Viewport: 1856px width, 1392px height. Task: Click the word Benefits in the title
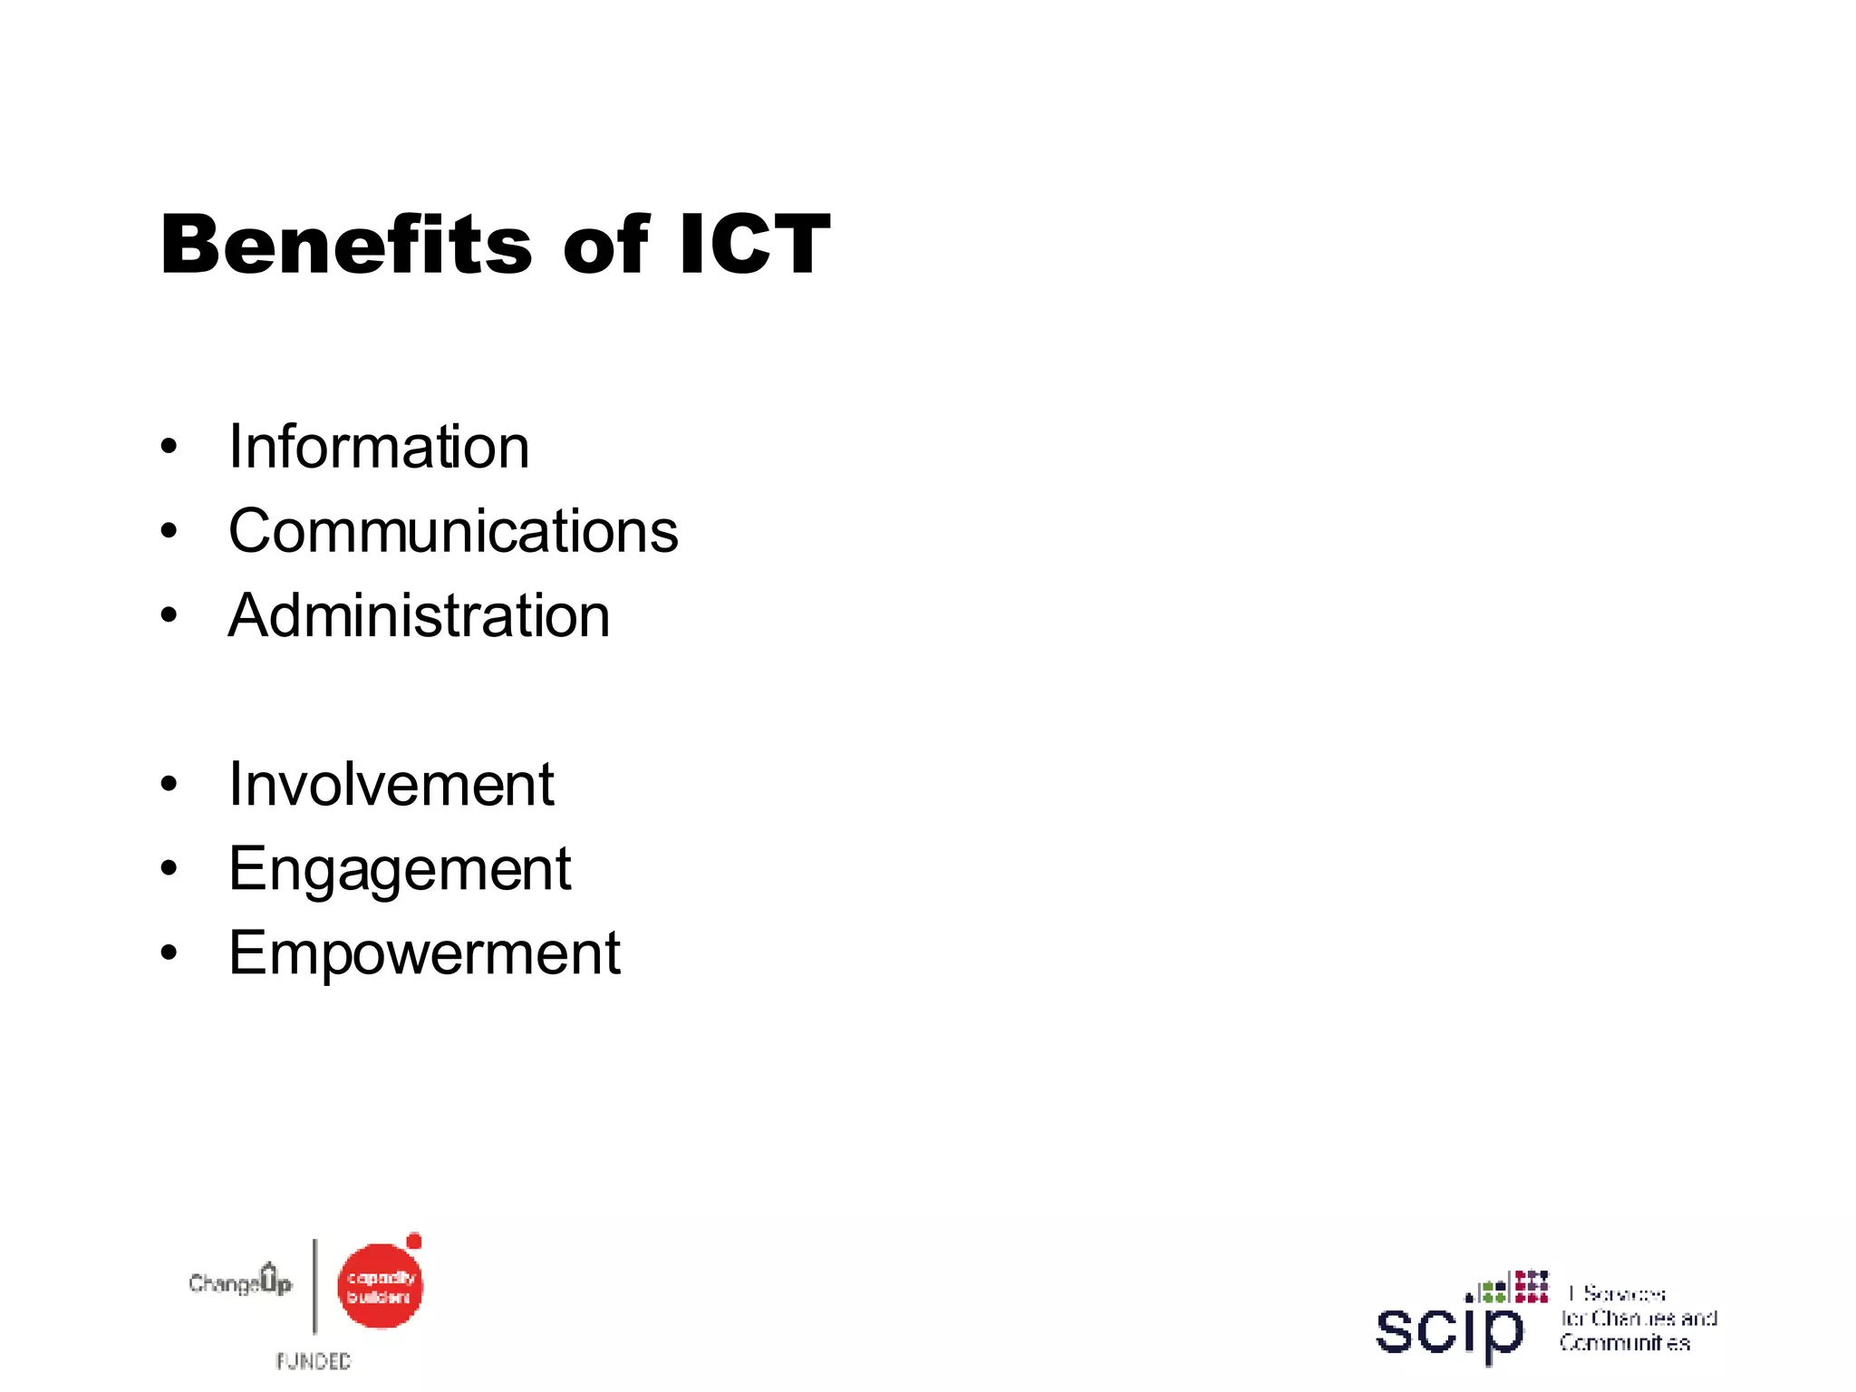pos(346,245)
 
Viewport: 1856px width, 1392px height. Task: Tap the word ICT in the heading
pos(754,245)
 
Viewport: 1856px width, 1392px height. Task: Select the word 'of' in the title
pos(605,245)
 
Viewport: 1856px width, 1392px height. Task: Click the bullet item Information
pos(379,447)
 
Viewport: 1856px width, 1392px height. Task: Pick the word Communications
pos(453,531)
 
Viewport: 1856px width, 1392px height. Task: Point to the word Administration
pos(419,615)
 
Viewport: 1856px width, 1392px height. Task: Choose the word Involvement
pos(391,784)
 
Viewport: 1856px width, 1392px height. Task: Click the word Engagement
pos(400,869)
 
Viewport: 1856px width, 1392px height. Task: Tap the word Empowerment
pos(424,953)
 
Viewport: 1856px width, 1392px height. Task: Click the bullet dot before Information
pos(169,447)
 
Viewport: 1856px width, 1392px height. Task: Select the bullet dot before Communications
pos(169,531)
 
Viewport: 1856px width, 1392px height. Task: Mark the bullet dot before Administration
pos(169,615)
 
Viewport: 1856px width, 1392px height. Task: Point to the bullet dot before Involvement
pos(169,784)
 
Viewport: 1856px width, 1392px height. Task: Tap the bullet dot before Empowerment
pos(169,953)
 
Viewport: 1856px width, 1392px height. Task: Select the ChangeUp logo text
pos(240,1281)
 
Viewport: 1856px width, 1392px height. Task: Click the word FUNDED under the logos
pos(314,1361)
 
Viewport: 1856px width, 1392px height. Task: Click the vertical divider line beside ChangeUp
pos(315,1287)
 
